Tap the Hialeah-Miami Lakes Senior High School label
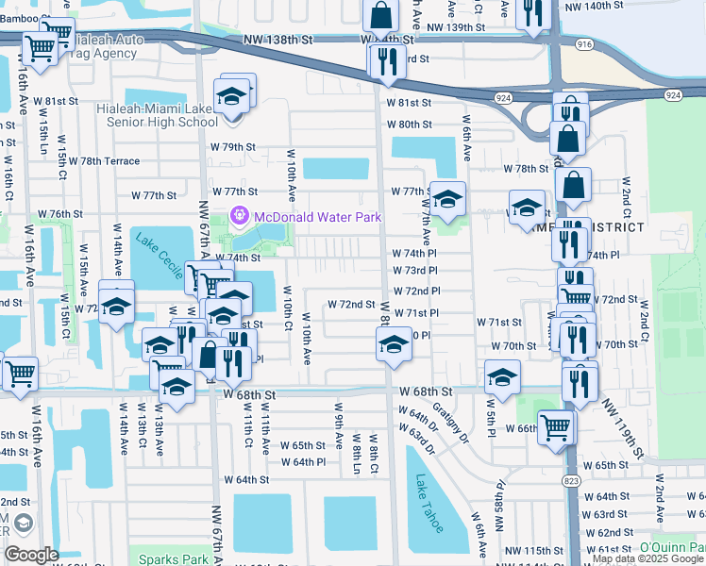point(157,115)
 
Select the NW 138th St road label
point(277,41)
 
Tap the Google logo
point(31,554)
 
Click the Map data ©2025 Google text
point(647,559)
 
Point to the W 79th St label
point(232,147)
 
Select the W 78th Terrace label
point(109,161)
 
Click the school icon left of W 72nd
point(117,307)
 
